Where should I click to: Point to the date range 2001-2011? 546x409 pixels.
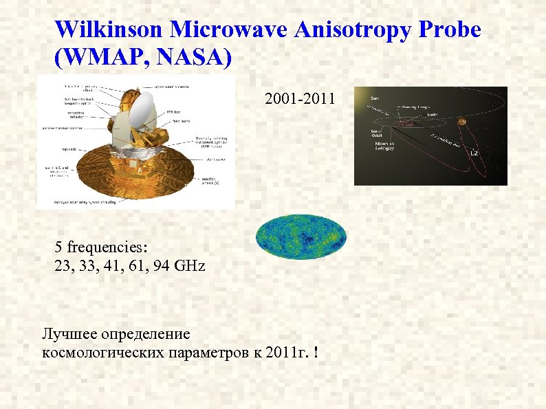[x=300, y=100]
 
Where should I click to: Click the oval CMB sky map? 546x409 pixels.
[x=301, y=236]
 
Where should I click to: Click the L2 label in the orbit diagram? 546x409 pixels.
[x=473, y=153]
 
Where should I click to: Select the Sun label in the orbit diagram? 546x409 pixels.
[x=375, y=98]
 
